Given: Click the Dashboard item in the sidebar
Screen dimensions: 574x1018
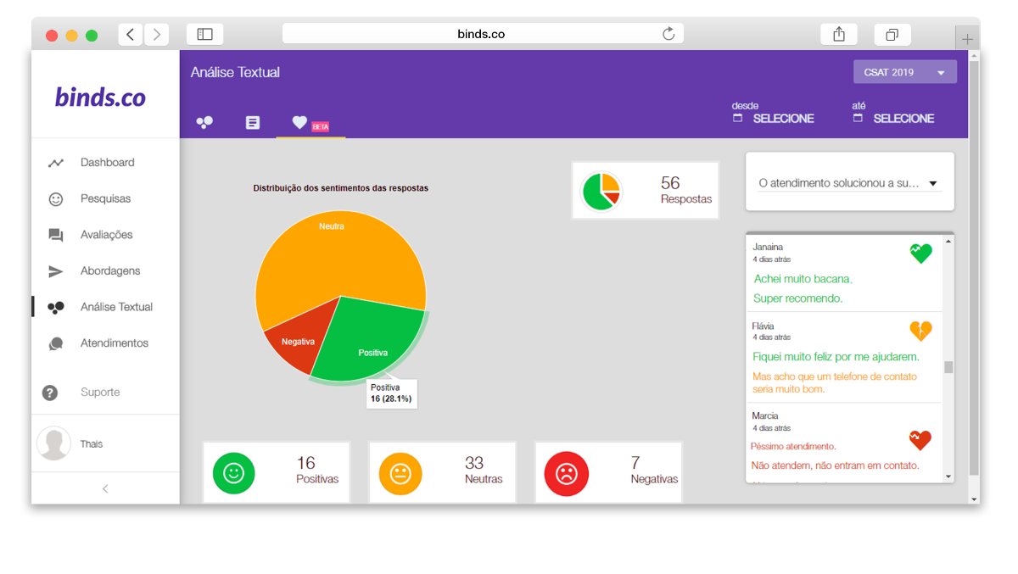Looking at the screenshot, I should (107, 163).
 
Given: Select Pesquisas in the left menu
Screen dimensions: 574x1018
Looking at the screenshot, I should (105, 198).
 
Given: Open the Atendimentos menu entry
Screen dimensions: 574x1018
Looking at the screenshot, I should (114, 343).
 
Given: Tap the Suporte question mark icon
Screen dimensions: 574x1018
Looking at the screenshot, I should (50, 393).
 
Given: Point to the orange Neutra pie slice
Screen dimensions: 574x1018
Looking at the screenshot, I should (331, 254).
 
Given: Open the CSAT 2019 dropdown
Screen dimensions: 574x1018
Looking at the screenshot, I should (904, 72).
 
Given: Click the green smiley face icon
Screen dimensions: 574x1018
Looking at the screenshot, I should (233, 473).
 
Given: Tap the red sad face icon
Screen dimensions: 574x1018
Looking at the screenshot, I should (566, 473).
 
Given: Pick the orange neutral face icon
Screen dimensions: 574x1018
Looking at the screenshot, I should (400, 473).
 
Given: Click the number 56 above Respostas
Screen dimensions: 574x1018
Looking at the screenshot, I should (670, 183).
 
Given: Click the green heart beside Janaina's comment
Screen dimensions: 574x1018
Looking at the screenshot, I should (920, 253).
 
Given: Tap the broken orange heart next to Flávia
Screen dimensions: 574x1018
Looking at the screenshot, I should (920, 330).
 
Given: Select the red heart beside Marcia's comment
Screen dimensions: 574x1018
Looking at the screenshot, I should (920, 439).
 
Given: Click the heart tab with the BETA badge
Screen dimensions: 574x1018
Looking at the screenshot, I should (299, 122).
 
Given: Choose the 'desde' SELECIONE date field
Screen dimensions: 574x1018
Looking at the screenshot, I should (782, 119).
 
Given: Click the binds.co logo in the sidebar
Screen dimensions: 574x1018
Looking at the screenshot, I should (101, 97).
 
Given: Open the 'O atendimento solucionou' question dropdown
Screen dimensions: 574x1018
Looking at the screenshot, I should (849, 183).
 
